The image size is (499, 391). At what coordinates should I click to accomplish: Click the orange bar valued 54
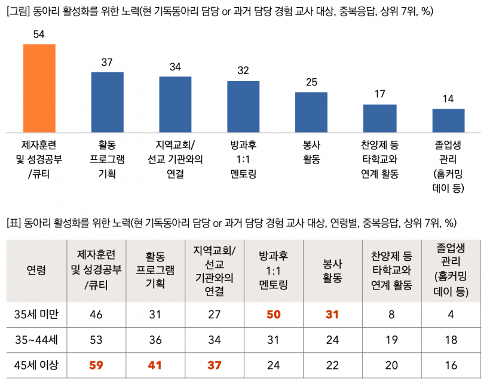tap(39, 88)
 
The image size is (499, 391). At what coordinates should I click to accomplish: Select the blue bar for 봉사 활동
tap(311, 112)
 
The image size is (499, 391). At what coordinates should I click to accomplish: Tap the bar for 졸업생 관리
tap(448, 121)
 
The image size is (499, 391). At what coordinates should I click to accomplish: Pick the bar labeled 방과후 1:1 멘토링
tap(243, 106)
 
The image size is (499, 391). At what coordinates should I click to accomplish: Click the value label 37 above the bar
tap(107, 63)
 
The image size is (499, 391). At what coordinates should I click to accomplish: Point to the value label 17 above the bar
tap(380, 94)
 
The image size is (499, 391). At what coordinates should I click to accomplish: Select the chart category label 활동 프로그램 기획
tap(107, 159)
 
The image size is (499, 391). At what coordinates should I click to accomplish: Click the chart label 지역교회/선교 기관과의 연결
tap(175, 159)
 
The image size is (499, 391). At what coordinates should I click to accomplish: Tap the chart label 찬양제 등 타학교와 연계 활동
tap(380, 159)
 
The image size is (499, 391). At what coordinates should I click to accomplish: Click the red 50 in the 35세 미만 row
tap(274, 314)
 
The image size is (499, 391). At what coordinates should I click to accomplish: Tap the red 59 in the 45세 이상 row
tap(96, 365)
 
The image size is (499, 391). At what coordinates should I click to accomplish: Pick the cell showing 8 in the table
tap(392, 314)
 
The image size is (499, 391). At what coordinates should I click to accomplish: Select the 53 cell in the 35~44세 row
tap(96, 340)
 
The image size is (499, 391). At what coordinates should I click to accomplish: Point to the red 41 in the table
tap(155, 365)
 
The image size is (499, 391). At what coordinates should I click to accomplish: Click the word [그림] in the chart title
tap(19, 11)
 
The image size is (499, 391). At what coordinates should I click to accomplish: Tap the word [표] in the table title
tap(14, 224)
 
